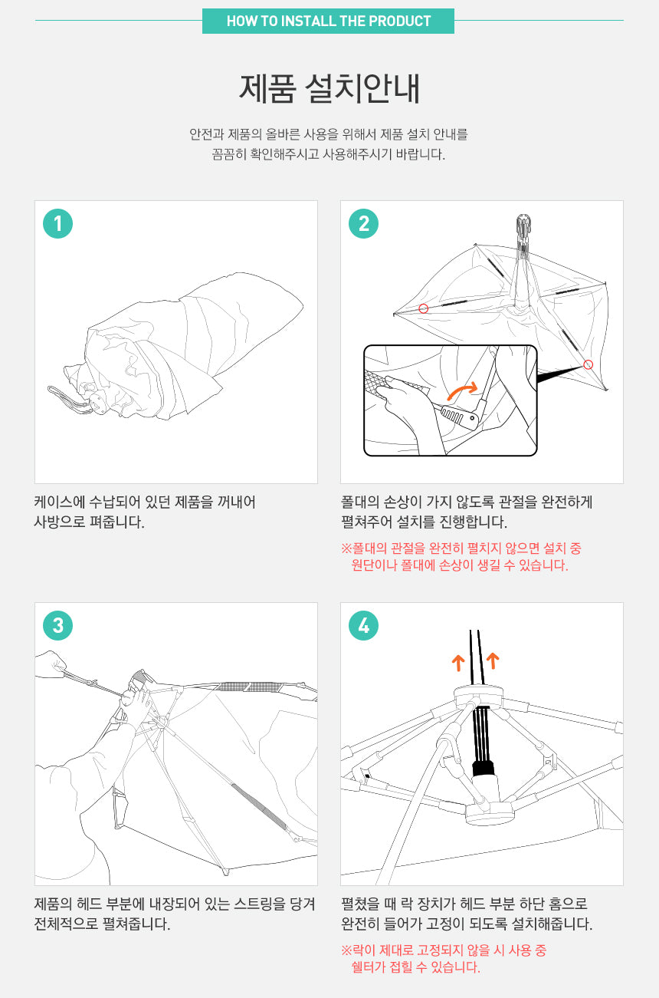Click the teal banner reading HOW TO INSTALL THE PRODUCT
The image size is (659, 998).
[x=329, y=21]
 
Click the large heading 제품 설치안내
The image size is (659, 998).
[x=329, y=89]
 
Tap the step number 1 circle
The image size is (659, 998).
[x=57, y=224]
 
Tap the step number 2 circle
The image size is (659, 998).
[x=363, y=224]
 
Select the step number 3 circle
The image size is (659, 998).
[x=57, y=625]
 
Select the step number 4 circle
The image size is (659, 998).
[x=363, y=625]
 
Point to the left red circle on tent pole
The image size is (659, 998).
[x=424, y=308]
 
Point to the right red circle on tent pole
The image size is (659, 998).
[x=589, y=365]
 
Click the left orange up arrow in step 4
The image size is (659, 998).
[x=458, y=663]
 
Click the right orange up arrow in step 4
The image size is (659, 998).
[x=493, y=661]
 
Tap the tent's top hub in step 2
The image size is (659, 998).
[x=523, y=226]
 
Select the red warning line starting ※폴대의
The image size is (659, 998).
[x=461, y=548]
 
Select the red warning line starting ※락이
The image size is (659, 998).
[x=444, y=950]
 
